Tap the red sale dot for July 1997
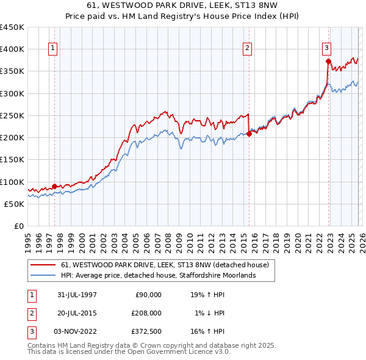point(55,186)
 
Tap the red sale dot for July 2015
point(249,134)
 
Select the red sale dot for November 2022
point(328,61)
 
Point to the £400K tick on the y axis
point(12,49)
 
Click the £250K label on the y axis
point(12,115)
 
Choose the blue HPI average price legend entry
point(157,275)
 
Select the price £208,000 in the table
point(146,312)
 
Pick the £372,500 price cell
point(146,331)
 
